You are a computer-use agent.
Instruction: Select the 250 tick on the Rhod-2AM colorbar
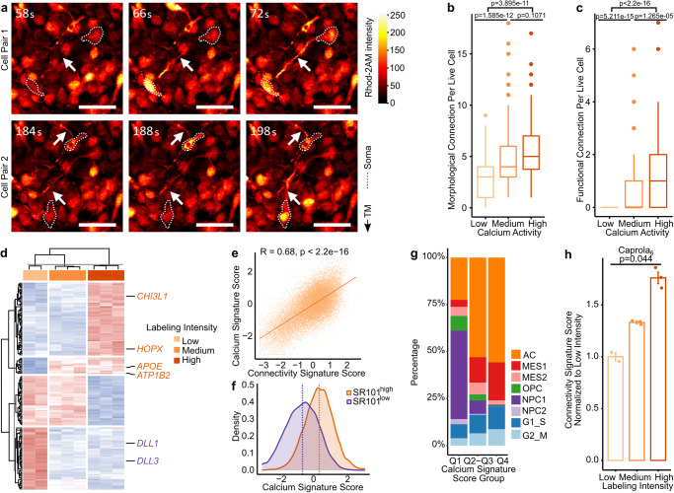[372, 17]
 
